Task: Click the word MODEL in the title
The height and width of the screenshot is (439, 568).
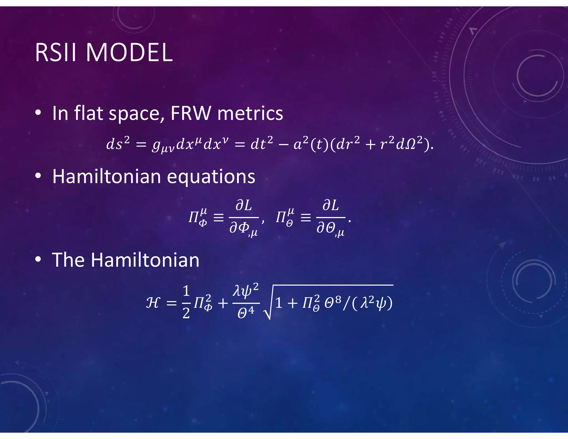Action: click(x=129, y=53)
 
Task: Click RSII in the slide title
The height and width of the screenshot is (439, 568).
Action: click(x=55, y=53)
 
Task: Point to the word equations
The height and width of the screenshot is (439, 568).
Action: click(x=211, y=176)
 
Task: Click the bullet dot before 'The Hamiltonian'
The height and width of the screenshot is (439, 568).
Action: click(x=38, y=259)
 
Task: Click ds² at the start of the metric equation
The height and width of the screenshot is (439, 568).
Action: click(x=118, y=143)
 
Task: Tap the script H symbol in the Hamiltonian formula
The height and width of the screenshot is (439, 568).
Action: click(x=153, y=302)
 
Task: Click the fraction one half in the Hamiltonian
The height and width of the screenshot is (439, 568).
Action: click(x=186, y=302)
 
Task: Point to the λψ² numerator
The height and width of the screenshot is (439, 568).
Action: click(x=246, y=291)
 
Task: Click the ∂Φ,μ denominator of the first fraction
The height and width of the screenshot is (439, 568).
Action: click(x=244, y=229)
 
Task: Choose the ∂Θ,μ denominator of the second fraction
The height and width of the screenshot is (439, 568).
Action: click(x=330, y=229)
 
